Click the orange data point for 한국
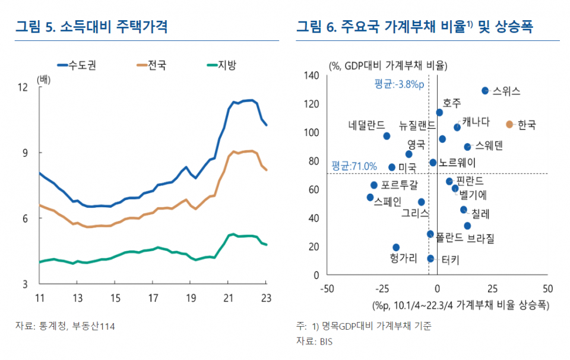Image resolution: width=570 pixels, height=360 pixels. click(509, 124)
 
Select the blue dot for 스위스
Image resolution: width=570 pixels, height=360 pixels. click(485, 90)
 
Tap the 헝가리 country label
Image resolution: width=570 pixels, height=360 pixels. click(404, 258)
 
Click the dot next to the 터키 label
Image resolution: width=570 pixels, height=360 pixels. click(430, 258)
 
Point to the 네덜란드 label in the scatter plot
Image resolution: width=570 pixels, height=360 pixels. click(366, 125)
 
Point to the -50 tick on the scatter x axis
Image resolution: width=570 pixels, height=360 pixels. click(327, 288)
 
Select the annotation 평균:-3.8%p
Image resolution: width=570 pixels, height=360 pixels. click(399, 84)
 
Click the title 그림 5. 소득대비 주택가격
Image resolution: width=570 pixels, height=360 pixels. click(91, 27)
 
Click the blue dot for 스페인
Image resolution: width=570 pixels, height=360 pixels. click(370, 197)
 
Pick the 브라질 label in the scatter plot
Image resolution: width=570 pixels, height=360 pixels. click(480, 238)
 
